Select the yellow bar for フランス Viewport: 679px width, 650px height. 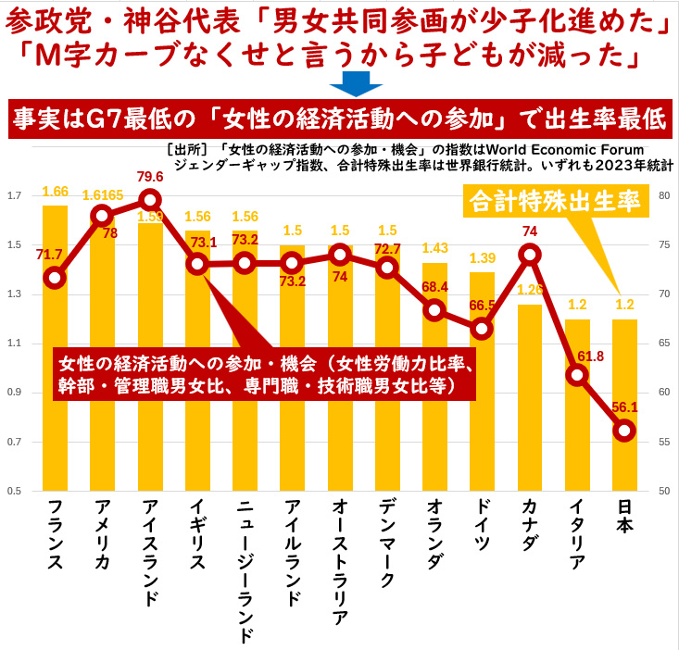coord(55,389)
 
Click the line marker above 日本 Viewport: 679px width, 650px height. coord(624,430)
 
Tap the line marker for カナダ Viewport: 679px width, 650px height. coord(529,254)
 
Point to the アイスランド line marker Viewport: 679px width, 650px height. coord(150,199)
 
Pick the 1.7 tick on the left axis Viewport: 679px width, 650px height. coord(13,196)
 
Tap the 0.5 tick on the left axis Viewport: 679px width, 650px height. coord(13,491)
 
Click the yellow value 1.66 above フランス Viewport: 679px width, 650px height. coord(55,192)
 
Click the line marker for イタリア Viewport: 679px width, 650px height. coord(577,375)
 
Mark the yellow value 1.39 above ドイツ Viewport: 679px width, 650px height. coord(482,259)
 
